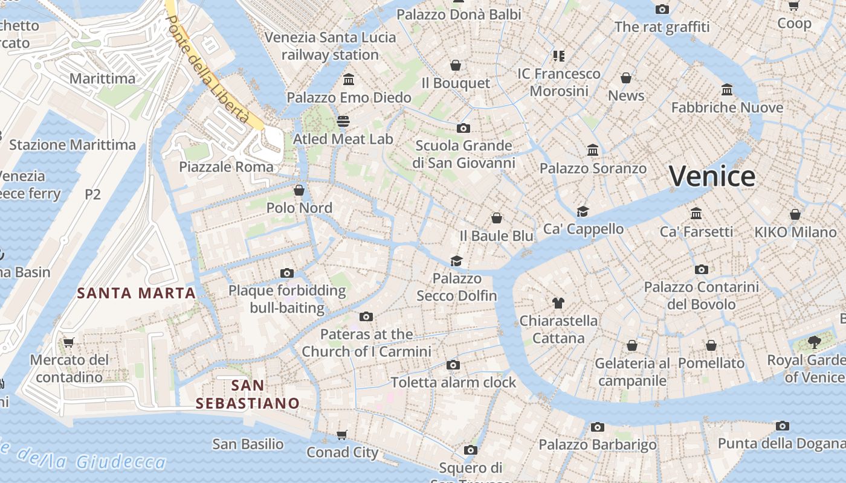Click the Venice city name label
712,176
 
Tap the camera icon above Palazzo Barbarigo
598,427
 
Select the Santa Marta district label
137,293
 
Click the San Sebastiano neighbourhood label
248,394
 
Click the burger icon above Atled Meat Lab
344,121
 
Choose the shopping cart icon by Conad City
342,435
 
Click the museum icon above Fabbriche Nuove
727,90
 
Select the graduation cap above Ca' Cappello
583,211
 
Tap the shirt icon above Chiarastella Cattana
558,302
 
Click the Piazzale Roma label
226,167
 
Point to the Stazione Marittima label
73,145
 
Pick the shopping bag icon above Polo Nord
299,191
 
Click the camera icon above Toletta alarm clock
453,365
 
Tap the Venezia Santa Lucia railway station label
330,46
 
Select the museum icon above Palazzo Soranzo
593,150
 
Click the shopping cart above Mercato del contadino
69,342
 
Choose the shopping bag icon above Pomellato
711,345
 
